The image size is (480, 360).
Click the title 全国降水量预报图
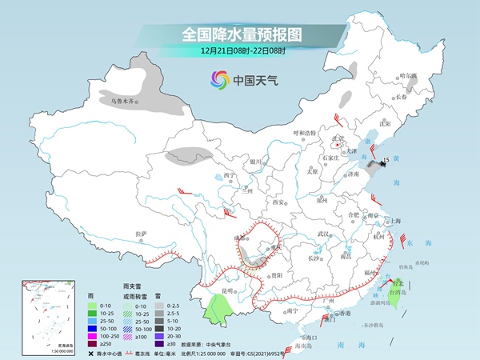pyautogui.click(x=240, y=34)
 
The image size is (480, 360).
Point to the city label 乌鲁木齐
pyautogui.click(x=125, y=102)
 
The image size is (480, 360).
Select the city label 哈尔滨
pyautogui.click(x=409, y=76)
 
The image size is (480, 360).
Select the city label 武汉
pyautogui.click(x=323, y=233)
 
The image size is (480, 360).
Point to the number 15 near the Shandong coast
pyautogui.click(x=386, y=161)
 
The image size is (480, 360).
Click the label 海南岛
pyautogui.click(x=305, y=344)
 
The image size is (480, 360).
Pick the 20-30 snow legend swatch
pyautogui.click(x=159, y=336)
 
